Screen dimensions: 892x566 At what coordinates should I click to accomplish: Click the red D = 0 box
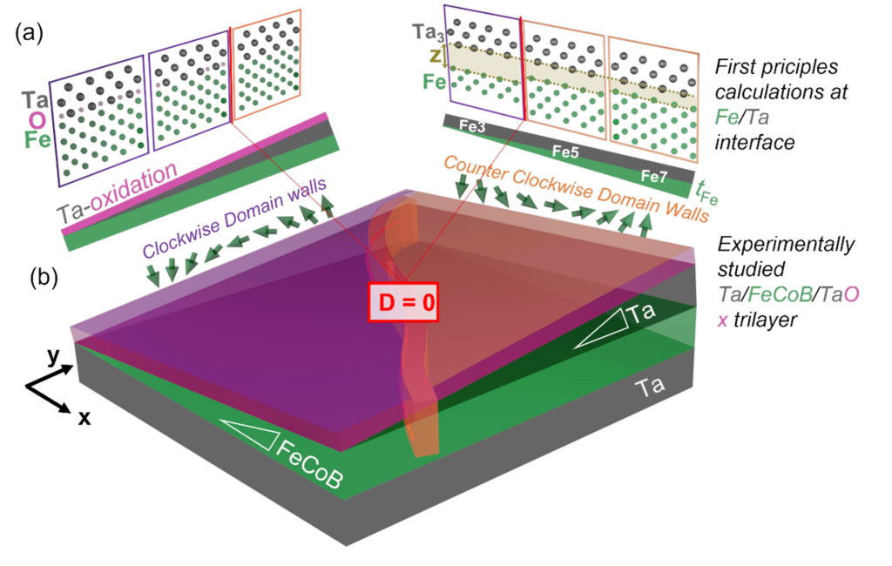click(x=403, y=301)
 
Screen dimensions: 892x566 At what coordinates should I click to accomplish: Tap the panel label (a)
click(x=29, y=34)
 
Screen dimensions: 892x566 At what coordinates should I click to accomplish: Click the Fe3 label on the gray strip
click(x=472, y=126)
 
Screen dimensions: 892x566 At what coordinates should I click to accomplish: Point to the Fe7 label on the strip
click(x=653, y=176)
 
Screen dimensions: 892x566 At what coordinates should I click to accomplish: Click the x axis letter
click(x=84, y=418)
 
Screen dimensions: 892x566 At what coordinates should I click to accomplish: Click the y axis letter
click(x=53, y=356)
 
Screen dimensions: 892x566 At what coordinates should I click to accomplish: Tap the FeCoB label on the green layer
click(x=309, y=465)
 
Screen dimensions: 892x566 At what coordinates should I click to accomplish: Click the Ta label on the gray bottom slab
click(x=650, y=387)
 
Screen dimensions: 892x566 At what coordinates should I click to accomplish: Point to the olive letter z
click(x=436, y=56)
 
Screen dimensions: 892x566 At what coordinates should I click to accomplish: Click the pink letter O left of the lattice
click(x=37, y=120)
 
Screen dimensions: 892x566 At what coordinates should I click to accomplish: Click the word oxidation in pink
click(x=133, y=186)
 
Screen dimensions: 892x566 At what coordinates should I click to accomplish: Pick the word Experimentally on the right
click(x=786, y=245)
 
